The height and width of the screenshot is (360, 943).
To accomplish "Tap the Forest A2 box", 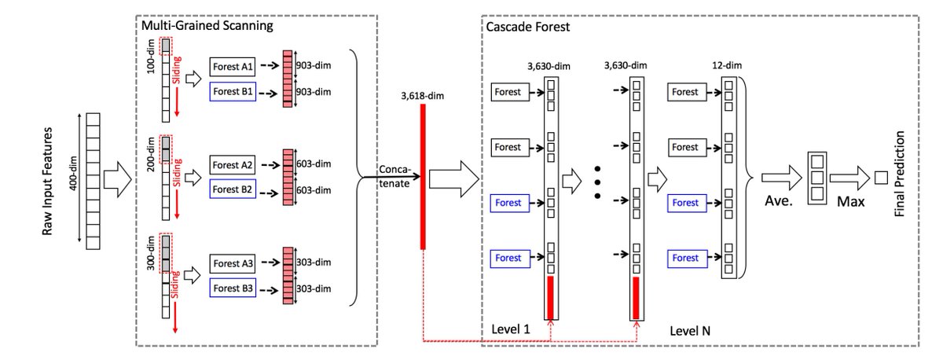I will coord(232,166).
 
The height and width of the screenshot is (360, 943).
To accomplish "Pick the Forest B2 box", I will coord(232,189).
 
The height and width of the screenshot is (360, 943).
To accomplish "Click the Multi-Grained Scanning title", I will coord(207,26).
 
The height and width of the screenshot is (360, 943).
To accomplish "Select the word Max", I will coord(849,202).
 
